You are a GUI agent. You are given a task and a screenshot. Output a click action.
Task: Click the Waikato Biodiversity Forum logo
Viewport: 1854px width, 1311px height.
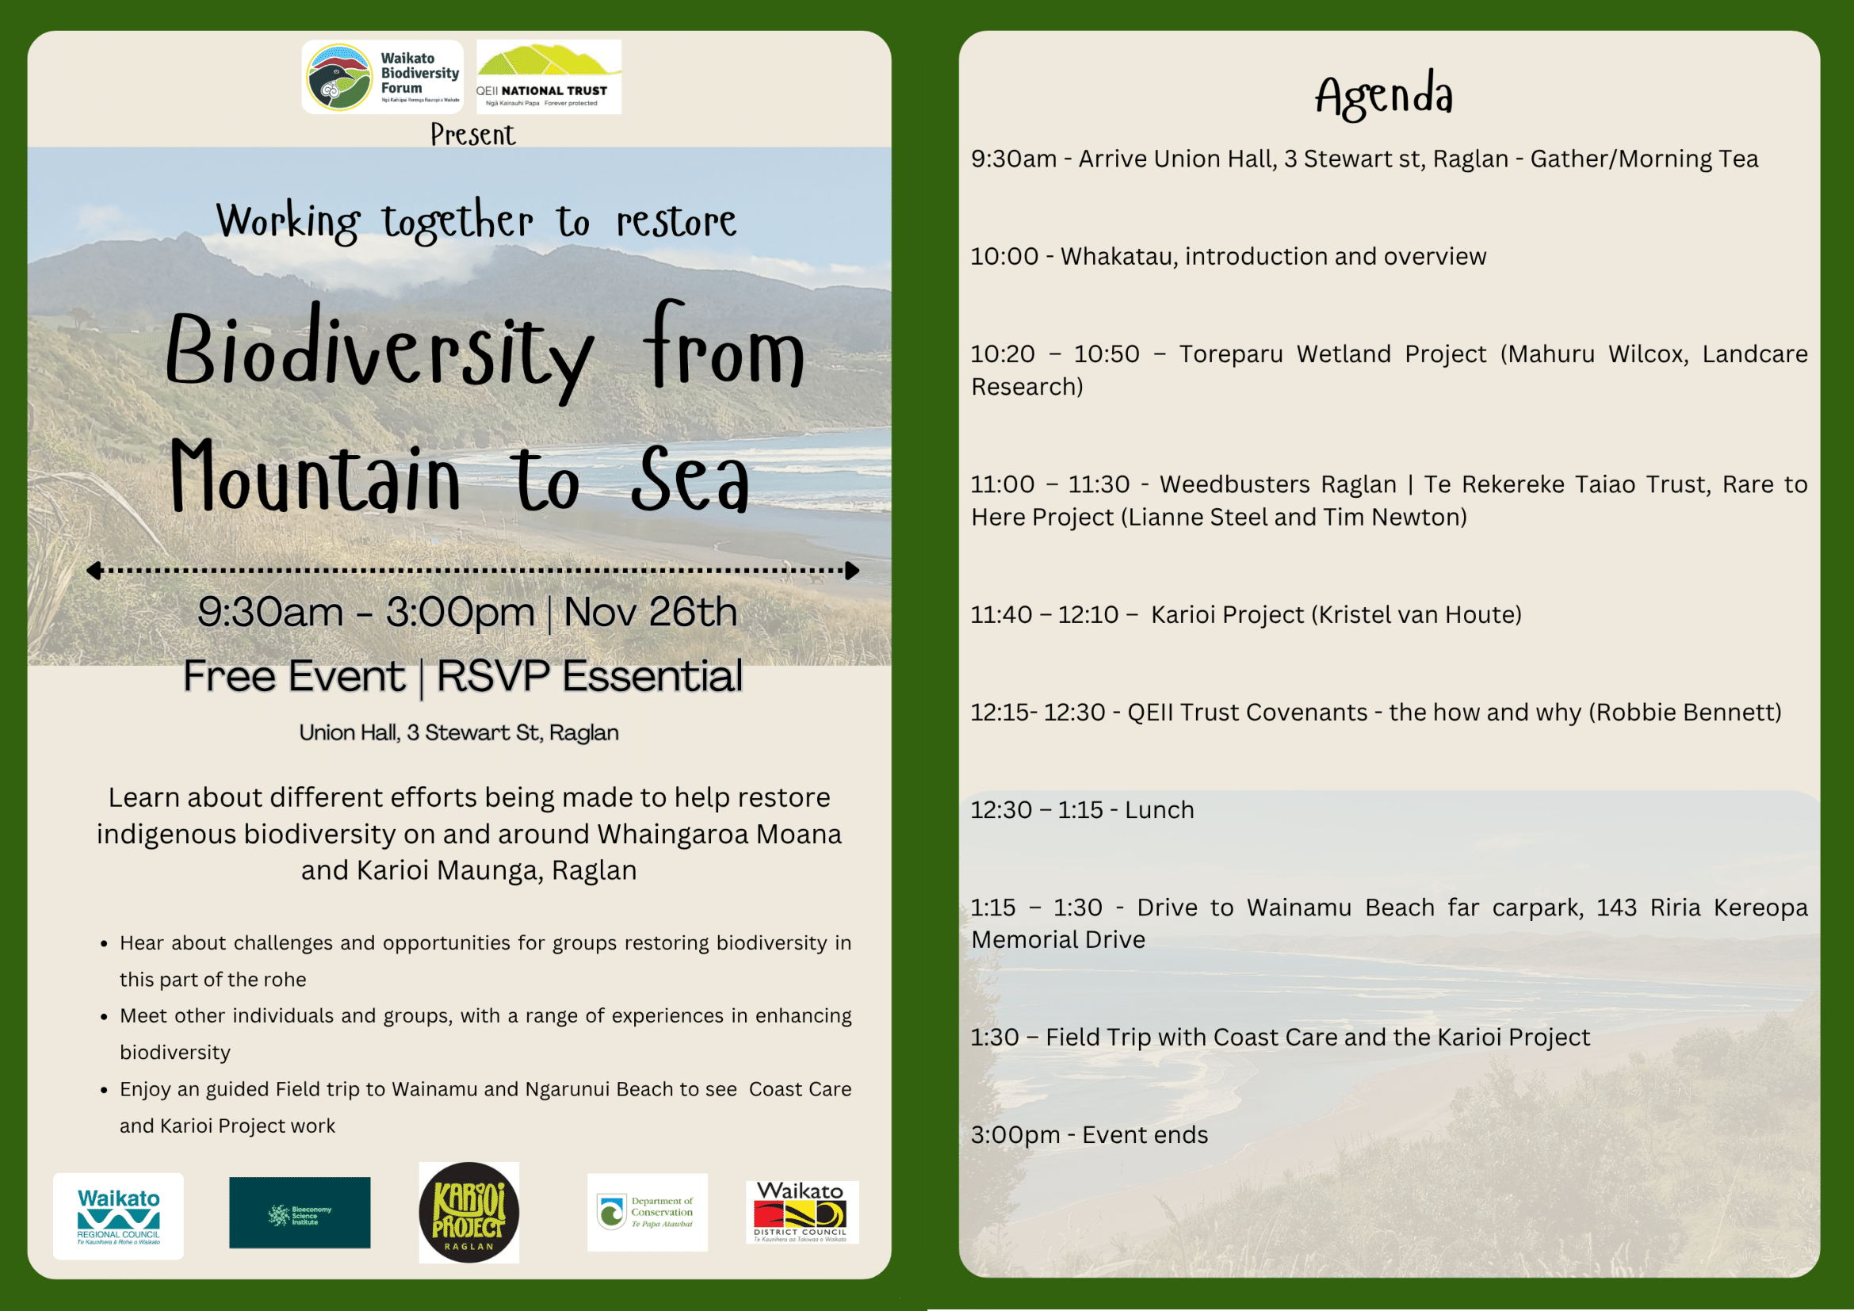[382, 77]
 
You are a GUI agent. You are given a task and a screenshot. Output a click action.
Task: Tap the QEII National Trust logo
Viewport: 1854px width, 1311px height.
[549, 77]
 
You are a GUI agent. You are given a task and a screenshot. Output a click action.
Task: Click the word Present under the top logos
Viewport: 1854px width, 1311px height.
[472, 135]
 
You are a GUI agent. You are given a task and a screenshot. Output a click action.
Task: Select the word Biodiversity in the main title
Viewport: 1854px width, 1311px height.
[380, 354]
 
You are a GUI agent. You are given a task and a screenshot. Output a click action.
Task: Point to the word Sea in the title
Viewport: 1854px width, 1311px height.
[690, 480]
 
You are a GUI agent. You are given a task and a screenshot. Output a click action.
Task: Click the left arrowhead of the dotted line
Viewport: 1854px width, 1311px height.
[94, 571]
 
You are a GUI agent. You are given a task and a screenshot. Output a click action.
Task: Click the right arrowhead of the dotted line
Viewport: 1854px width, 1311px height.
[852, 571]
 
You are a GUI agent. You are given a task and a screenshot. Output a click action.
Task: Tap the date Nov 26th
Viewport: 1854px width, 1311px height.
[650, 612]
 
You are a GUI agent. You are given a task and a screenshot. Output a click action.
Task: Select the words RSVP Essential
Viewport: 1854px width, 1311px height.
[589, 675]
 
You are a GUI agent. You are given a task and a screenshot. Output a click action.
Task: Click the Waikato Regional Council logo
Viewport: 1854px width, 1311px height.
[118, 1217]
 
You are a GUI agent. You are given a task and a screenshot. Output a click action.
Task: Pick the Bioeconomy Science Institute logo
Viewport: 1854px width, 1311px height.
[300, 1213]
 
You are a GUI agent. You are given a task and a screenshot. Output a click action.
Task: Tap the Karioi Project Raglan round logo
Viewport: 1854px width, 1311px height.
[469, 1213]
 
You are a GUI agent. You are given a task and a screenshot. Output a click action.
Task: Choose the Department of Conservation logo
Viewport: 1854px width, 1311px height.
[648, 1213]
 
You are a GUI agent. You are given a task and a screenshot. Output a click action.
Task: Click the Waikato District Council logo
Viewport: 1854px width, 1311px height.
[802, 1213]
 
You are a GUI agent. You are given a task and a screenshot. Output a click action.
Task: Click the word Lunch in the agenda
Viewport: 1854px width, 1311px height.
[1160, 811]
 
